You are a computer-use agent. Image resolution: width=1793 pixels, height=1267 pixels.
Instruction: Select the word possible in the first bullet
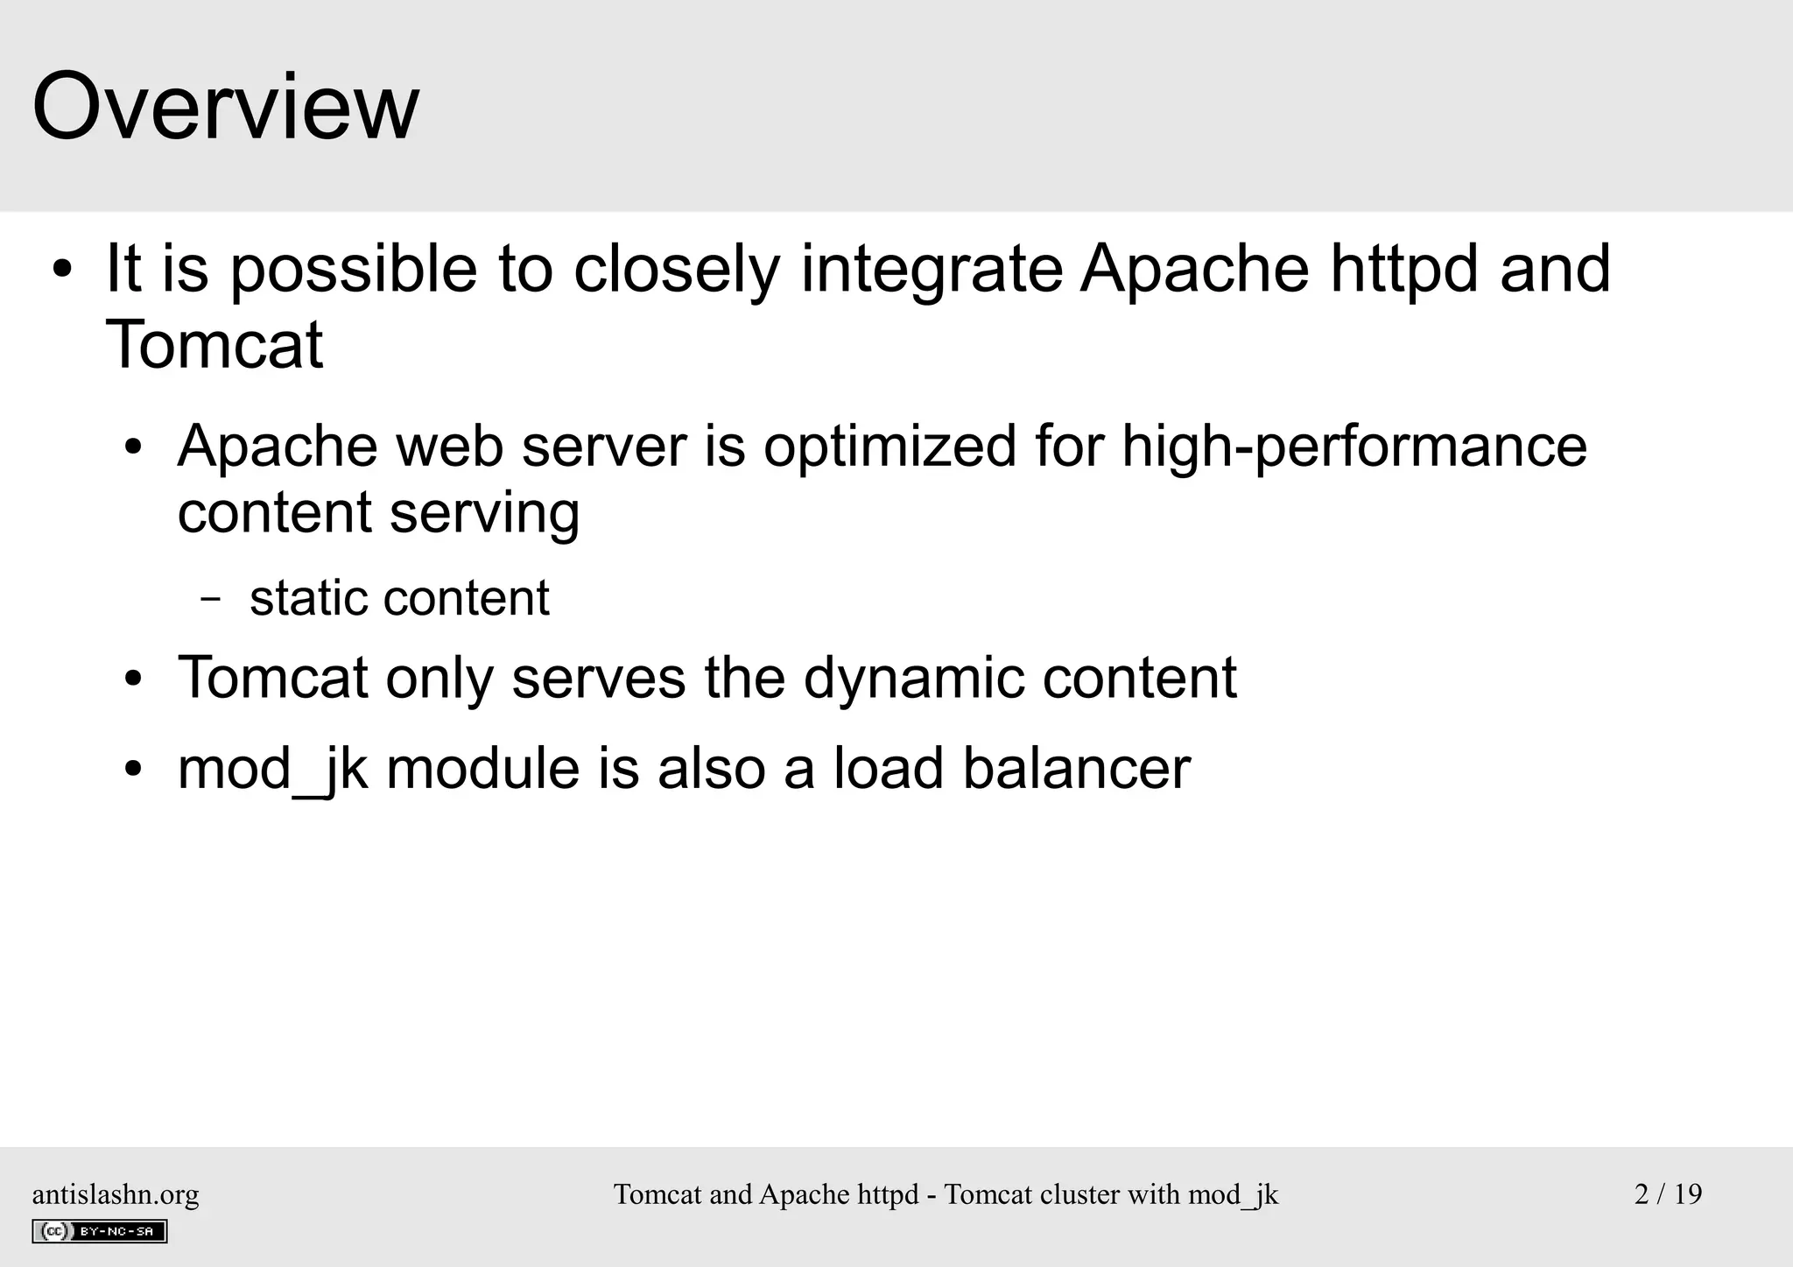click(354, 270)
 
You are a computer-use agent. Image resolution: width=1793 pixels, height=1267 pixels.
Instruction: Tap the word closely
click(676, 270)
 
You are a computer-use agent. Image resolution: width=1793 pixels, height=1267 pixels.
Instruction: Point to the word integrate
click(932, 270)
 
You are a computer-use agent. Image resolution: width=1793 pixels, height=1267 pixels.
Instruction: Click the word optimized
click(889, 447)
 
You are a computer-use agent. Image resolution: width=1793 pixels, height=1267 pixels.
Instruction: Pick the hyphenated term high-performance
click(1354, 447)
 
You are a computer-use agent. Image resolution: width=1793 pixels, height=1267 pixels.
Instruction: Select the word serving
click(484, 513)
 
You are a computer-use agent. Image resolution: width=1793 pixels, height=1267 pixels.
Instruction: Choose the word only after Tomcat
click(439, 679)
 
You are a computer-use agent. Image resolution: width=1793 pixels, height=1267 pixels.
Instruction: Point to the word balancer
click(1076, 769)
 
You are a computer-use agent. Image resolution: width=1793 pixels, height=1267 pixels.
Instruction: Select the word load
click(888, 769)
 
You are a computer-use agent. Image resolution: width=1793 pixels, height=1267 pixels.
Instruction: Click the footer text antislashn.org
click(116, 1194)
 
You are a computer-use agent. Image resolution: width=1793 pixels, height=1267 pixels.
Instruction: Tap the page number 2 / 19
click(1668, 1194)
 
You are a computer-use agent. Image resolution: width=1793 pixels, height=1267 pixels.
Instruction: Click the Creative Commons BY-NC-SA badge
click(100, 1231)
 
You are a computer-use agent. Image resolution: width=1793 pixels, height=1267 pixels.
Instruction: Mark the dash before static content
click(210, 600)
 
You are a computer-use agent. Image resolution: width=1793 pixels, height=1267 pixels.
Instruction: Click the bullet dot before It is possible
click(61, 270)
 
